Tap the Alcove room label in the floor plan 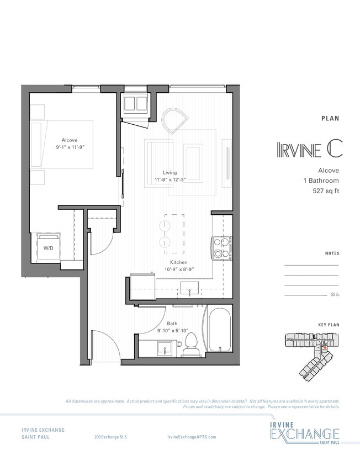pyautogui.click(x=69, y=140)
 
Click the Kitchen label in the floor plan pyautogui.click(x=178, y=262)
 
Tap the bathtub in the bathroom pyautogui.click(x=219, y=331)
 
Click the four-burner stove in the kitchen pyautogui.click(x=221, y=247)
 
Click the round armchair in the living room pyautogui.click(x=175, y=120)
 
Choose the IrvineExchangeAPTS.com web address pyautogui.click(x=191, y=436)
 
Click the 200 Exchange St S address pyautogui.click(x=110, y=436)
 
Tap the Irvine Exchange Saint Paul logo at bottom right pyautogui.click(x=304, y=432)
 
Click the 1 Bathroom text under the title pyautogui.click(x=321, y=181)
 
